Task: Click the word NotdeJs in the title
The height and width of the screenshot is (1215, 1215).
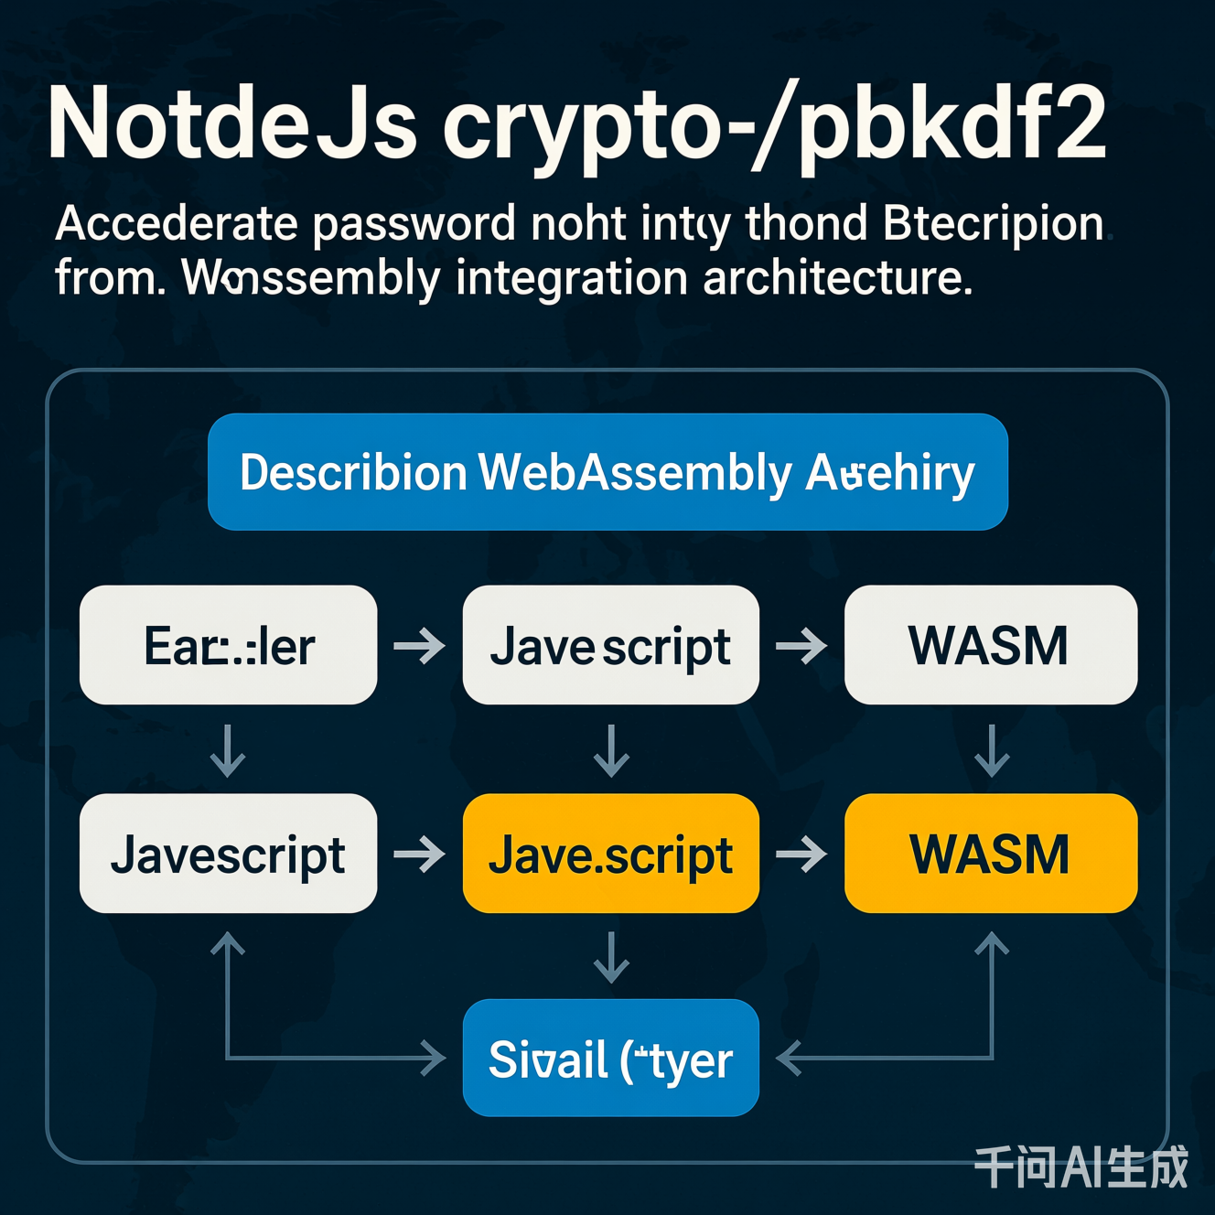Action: (232, 124)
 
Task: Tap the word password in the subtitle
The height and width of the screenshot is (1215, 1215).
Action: (414, 224)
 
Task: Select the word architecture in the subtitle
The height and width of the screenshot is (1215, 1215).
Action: (837, 278)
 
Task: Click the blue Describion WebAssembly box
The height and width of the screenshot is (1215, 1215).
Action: (607, 472)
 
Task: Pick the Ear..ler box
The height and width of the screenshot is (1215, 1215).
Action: (229, 645)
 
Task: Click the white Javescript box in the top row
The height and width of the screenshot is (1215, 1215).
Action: (610, 645)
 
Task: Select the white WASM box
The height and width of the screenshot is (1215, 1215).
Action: (990, 645)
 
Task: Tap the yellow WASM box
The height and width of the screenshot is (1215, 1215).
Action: (990, 854)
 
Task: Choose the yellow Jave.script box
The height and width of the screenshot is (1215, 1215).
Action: (610, 854)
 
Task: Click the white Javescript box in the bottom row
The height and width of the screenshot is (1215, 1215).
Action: (229, 854)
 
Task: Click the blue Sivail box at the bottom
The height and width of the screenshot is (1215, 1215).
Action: (610, 1059)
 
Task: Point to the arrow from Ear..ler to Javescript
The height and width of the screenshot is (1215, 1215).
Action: (419, 646)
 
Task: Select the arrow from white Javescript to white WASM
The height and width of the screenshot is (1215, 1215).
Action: (801, 646)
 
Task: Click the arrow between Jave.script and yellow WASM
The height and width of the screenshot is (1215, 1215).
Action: (801, 855)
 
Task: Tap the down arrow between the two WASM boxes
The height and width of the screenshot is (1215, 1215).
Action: (992, 751)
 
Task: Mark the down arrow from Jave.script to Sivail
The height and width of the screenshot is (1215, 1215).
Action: (611, 957)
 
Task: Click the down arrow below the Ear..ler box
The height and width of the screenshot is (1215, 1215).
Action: (228, 751)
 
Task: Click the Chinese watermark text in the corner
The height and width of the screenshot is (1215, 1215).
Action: (1081, 1167)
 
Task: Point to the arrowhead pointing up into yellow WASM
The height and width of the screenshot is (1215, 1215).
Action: (992, 942)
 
